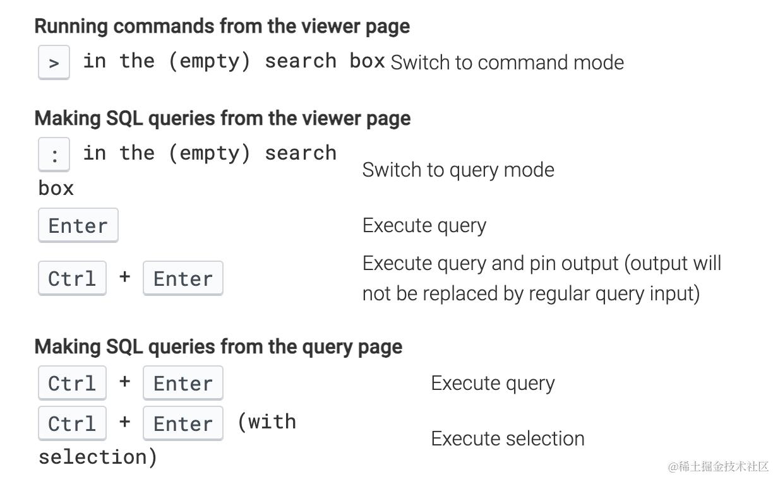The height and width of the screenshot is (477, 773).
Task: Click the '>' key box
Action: (x=54, y=62)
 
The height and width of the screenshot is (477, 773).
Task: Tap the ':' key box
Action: (x=54, y=155)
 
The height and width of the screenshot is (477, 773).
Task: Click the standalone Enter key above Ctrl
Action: (x=78, y=225)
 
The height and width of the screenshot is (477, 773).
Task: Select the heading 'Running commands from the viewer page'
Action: (x=222, y=26)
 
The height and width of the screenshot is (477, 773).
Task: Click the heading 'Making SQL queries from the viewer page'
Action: (x=222, y=119)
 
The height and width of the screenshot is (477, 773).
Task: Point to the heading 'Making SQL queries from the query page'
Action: (x=219, y=347)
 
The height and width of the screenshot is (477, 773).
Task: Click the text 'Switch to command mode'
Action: (x=507, y=62)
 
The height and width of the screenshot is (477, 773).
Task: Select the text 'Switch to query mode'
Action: (x=458, y=170)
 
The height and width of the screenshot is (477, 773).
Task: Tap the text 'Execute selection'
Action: (x=508, y=439)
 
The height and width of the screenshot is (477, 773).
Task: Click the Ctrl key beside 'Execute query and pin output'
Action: (x=72, y=278)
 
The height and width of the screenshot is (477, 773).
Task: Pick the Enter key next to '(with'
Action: (x=183, y=423)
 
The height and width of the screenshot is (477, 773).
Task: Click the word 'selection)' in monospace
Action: (x=98, y=457)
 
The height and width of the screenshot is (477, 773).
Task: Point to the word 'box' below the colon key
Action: (x=56, y=189)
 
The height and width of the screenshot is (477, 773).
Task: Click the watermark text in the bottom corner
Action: (x=719, y=466)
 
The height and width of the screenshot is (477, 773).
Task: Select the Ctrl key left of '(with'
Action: (x=72, y=423)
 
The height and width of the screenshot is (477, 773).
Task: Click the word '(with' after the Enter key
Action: (x=267, y=422)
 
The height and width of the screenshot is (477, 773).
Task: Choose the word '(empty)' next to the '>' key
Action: (x=209, y=61)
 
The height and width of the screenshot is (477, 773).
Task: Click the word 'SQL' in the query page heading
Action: (x=124, y=347)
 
